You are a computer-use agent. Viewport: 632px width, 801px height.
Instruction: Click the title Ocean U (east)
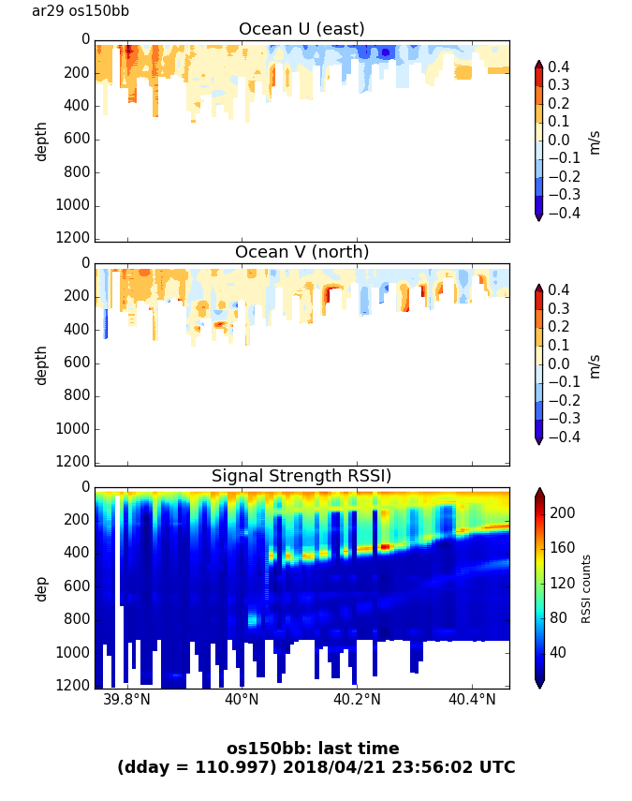point(301,29)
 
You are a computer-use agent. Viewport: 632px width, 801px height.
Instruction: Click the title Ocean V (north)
point(301,252)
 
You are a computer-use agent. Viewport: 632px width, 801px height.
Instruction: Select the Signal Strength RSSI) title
point(301,476)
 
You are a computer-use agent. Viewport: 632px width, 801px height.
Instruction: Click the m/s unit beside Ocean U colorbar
point(595,141)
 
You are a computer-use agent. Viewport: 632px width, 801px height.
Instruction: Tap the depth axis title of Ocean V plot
point(41,364)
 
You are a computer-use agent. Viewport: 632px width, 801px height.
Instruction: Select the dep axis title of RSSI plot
point(41,588)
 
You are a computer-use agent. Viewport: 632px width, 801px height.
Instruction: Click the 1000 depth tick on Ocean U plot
point(73,205)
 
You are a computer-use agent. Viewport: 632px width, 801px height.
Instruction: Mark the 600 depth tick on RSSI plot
point(77,586)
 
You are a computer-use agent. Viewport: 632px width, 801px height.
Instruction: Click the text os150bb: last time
point(313,749)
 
